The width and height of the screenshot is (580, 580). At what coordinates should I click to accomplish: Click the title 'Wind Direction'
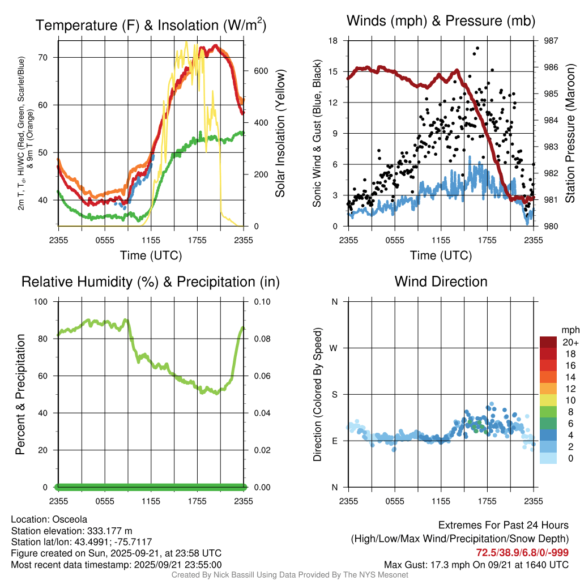[441, 282]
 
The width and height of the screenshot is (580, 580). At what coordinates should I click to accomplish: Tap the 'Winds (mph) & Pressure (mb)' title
[441, 22]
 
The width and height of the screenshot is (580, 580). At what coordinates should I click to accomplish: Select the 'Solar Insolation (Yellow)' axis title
[280, 134]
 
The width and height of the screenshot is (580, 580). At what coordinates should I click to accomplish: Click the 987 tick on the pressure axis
[551, 41]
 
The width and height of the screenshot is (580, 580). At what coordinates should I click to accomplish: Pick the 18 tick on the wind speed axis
[334, 41]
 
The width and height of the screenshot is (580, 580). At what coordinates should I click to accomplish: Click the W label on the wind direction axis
[334, 348]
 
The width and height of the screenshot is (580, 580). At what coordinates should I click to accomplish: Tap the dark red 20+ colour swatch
[548, 342]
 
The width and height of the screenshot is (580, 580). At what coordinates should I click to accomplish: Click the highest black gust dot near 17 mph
[477, 48]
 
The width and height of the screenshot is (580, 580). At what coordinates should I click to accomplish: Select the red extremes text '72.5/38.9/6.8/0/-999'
[522, 552]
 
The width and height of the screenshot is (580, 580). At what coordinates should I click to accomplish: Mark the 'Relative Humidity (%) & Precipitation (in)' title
[150, 282]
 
